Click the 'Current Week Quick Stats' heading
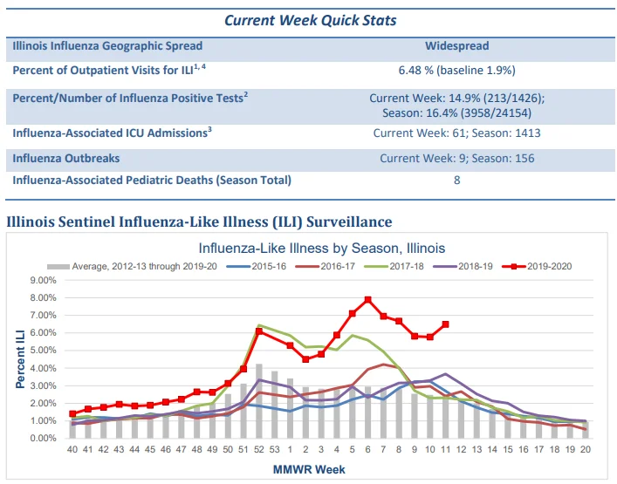[310, 20]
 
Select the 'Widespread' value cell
[456, 46]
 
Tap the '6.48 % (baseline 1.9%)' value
[456, 71]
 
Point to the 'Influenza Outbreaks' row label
[66, 159]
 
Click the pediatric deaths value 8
[456, 180]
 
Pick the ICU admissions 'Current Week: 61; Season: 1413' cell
[456, 133]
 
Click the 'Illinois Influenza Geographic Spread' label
[107, 46]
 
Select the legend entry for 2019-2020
[537, 267]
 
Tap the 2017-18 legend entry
[394, 267]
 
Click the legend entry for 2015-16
[257, 267]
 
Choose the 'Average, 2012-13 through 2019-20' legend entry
[133, 267]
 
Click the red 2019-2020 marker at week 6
[368, 300]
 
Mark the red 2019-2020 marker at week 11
[445, 324]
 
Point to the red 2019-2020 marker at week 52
[259, 331]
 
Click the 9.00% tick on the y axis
[44, 281]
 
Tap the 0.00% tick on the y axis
[44, 439]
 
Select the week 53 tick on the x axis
[275, 449]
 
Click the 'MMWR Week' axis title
[309, 469]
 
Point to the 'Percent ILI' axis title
[20, 359]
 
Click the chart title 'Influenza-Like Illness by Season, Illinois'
[322, 249]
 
